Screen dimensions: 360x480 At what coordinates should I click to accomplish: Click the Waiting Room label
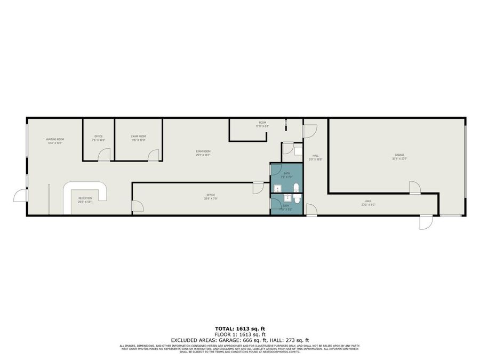(55, 141)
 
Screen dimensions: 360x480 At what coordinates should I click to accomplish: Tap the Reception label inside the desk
(85, 200)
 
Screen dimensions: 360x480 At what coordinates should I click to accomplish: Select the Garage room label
(399, 156)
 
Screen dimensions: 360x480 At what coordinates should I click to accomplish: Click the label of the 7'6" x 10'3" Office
(99, 138)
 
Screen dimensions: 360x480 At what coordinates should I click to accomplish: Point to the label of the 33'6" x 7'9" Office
(211, 197)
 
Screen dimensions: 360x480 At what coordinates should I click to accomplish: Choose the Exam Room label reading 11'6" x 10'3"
(139, 138)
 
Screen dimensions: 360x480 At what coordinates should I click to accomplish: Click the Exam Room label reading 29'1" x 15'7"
(203, 153)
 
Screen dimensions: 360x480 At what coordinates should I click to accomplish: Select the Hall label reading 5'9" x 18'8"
(316, 157)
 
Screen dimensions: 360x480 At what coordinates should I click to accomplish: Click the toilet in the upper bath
(296, 187)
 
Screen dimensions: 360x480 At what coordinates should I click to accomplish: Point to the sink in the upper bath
(277, 188)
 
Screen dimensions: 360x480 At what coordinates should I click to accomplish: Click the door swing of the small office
(105, 155)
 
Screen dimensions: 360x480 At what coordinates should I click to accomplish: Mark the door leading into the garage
(415, 187)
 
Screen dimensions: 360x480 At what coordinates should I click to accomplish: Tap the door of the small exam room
(154, 155)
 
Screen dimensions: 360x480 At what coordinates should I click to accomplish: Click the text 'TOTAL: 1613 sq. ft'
(239, 329)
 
